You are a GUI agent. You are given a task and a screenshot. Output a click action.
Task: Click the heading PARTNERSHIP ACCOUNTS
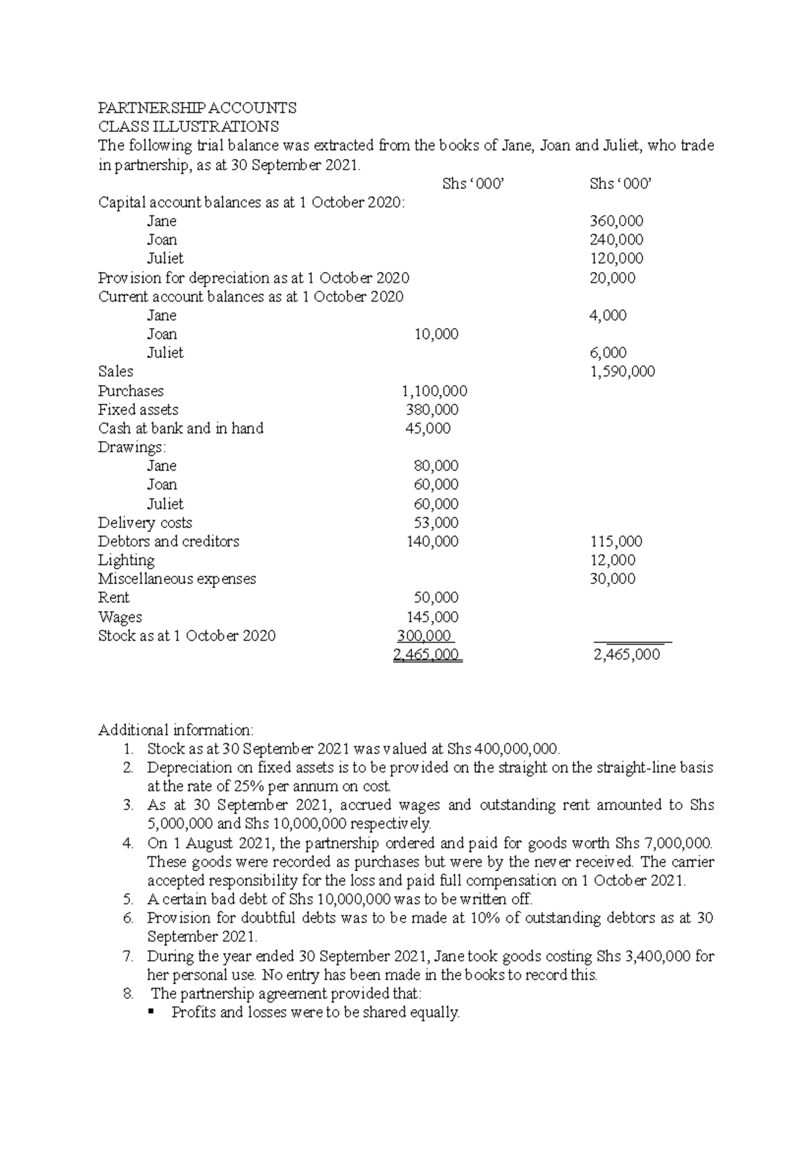197,108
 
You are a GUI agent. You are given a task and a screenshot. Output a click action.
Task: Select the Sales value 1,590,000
622,371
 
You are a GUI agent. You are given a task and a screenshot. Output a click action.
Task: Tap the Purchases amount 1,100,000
434,391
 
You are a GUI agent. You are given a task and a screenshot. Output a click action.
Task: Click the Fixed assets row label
138,410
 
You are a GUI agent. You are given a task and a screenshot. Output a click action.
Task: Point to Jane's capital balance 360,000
616,221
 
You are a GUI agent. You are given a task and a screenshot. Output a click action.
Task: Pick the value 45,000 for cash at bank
428,428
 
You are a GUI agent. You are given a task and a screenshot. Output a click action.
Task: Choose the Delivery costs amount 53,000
436,523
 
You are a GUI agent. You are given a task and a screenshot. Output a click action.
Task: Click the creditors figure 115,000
616,541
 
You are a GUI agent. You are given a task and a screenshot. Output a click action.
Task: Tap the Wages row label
120,617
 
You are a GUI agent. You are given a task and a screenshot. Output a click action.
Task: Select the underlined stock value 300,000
424,636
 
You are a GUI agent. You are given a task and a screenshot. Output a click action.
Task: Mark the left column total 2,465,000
427,655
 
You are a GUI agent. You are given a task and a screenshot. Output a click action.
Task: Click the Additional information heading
176,730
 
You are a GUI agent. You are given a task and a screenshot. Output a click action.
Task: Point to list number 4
128,844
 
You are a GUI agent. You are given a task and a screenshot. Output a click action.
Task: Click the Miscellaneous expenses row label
177,579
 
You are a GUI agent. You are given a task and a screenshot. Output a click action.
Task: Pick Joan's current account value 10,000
436,334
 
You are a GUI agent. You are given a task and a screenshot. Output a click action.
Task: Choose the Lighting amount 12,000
612,560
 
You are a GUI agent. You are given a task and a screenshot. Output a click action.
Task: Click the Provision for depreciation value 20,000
612,278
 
